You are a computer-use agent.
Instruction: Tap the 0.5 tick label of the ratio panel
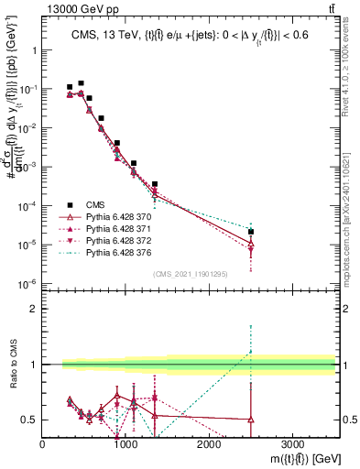click(x=29, y=420)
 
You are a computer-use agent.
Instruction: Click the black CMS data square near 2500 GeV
click(x=251, y=232)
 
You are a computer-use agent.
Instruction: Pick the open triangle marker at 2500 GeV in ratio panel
click(x=251, y=420)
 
